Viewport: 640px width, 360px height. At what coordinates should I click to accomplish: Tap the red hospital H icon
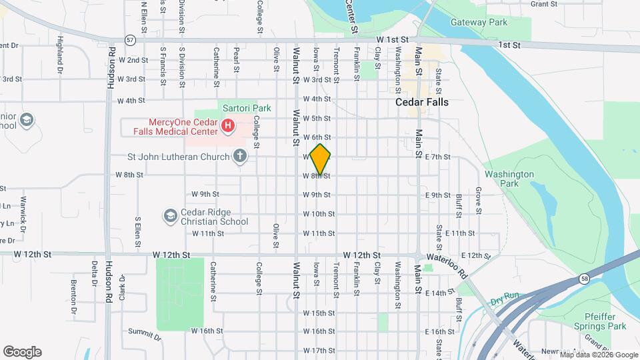[227, 125]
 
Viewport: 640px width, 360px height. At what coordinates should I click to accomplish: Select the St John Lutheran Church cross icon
[240, 157]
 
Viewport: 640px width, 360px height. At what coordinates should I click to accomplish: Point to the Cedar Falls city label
[422, 103]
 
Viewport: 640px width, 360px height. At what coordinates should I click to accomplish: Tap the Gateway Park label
[479, 22]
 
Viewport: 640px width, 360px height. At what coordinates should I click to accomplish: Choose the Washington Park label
[509, 179]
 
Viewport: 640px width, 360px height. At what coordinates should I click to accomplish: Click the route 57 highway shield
[130, 40]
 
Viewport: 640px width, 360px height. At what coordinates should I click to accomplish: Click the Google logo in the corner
[22, 351]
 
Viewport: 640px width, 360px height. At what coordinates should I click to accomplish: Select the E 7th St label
[438, 157]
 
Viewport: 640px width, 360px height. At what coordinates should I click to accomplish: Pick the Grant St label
[544, 4]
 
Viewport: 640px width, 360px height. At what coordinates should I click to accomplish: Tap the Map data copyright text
[598, 355]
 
